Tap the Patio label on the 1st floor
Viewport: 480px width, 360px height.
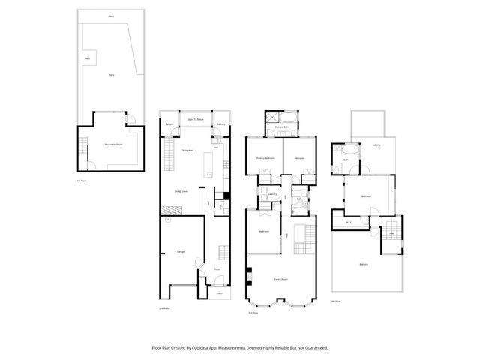click(x=111, y=75)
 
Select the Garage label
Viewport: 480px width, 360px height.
click(x=180, y=251)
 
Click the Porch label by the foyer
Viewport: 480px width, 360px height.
click(x=219, y=293)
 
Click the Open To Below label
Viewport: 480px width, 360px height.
click(x=196, y=119)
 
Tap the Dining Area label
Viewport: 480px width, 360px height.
click(x=187, y=151)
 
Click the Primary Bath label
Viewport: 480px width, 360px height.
click(x=282, y=128)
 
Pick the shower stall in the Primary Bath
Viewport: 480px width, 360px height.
click(x=272, y=117)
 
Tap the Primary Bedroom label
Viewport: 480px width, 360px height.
click(x=265, y=158)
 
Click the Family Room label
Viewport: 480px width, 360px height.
click(x=281, y=279)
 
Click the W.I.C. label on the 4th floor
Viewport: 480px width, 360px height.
click(x=349, y=222)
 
